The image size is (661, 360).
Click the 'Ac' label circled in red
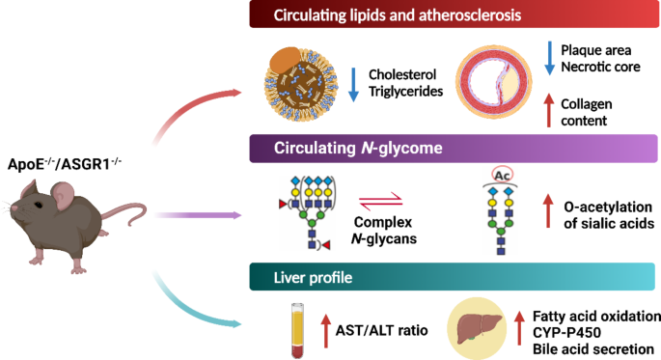click(x=500, y=176)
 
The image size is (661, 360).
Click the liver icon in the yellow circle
click(x=480, y=326)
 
